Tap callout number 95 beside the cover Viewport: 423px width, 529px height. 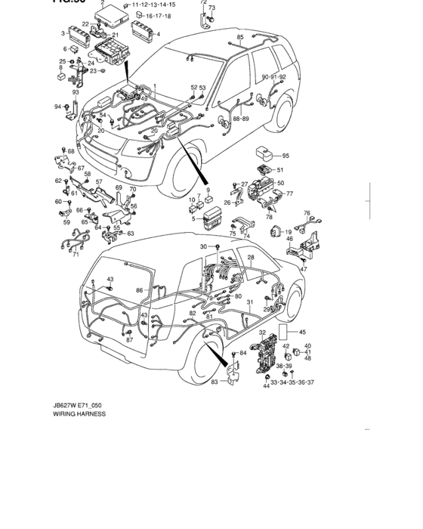tap(286, 156)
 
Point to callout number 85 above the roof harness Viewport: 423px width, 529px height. tap(240, 37)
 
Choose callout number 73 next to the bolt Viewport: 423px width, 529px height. tap(211, 8)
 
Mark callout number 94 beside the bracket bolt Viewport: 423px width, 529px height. tap(57, 107)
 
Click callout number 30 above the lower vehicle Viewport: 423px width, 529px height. tap(202, 247)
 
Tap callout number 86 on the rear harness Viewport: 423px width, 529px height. tap(139, 289)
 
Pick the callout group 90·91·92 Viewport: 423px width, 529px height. tap(273, 77)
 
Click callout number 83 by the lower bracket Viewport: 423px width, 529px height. tap(214, 382)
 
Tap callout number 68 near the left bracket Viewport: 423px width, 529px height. tap(71, 151)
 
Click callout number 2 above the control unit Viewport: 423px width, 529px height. tap(103, 4)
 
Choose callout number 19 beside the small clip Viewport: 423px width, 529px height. tap(289, 231)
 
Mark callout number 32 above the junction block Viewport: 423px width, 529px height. tap(262, 333)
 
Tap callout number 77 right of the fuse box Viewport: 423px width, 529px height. tap(289, 193)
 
